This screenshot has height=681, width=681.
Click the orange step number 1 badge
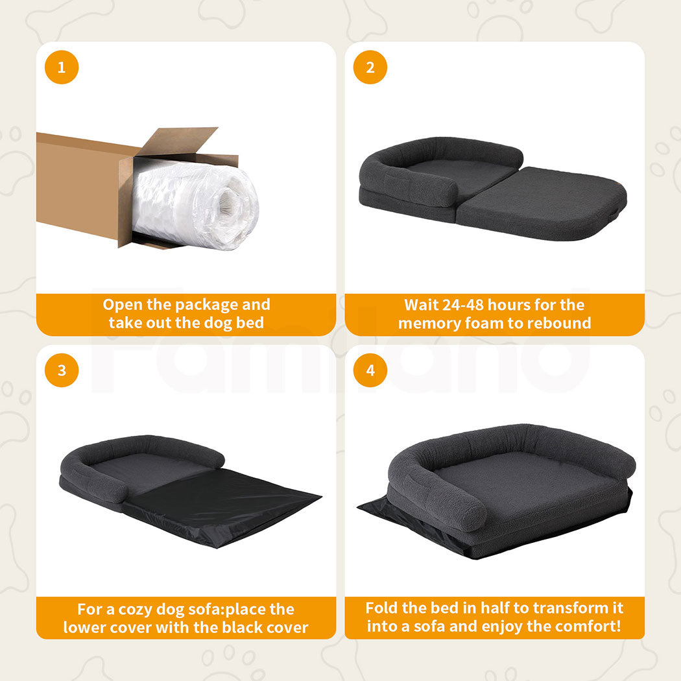coord(62,67)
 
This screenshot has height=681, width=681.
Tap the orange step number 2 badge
coord(370,67)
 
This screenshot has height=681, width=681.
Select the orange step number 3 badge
coord(62,371)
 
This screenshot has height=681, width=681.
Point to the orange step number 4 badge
coord(370,371)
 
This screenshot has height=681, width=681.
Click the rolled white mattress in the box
coord(195,204)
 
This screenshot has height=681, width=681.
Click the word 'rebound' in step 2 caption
coord(558,323)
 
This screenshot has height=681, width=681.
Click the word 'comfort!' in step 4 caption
coord(585,627)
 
